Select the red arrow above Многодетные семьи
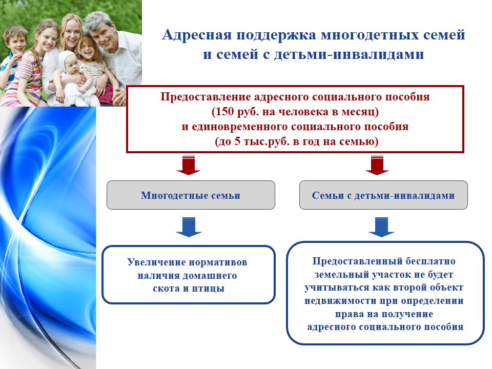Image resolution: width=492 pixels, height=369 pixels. click(x=189, y=165)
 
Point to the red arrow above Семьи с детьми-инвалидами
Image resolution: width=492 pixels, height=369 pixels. click(x=377, y=165)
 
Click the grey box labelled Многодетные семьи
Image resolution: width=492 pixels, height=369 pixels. click(x=191, y=195)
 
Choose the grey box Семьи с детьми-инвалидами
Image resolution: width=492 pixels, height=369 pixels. click(x=383, y=195)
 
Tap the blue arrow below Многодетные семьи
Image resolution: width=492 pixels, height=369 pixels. click(x=189, y=227)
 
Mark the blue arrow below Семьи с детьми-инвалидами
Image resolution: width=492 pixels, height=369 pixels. click(x=381, y=227)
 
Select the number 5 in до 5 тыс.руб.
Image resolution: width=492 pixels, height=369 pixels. click(x=237, y=141)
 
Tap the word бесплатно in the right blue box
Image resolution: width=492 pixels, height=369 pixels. click(x=430, y=261)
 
